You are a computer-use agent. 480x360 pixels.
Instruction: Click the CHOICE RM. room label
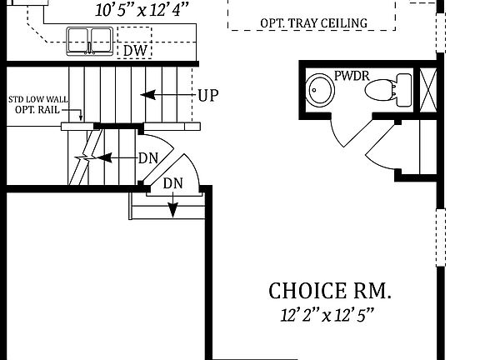329,291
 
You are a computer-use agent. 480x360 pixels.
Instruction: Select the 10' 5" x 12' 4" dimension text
142,10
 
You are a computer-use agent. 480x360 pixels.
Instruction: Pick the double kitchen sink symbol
90,40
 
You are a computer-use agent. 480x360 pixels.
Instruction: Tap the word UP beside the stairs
207,95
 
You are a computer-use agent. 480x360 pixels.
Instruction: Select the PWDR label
352,77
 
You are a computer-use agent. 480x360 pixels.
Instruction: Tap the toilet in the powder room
387,88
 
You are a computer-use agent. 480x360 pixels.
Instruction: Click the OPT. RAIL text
36,110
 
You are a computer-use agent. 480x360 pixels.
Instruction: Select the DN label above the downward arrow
172,183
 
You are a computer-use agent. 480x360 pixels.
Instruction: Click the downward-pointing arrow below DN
172,205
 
